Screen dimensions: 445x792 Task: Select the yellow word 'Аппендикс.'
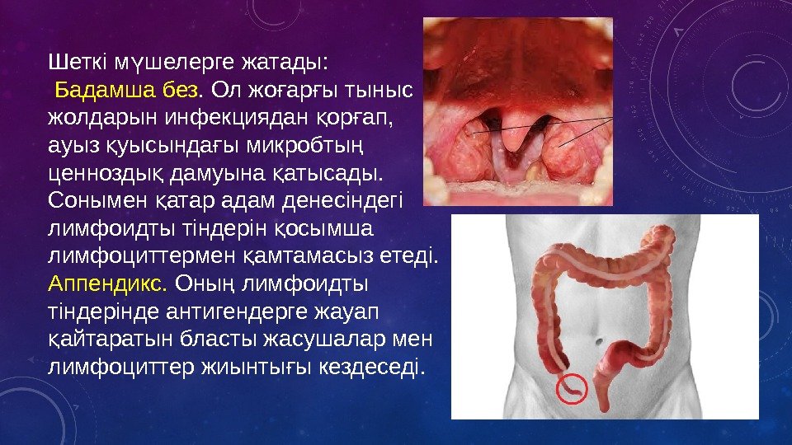[108, 283]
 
